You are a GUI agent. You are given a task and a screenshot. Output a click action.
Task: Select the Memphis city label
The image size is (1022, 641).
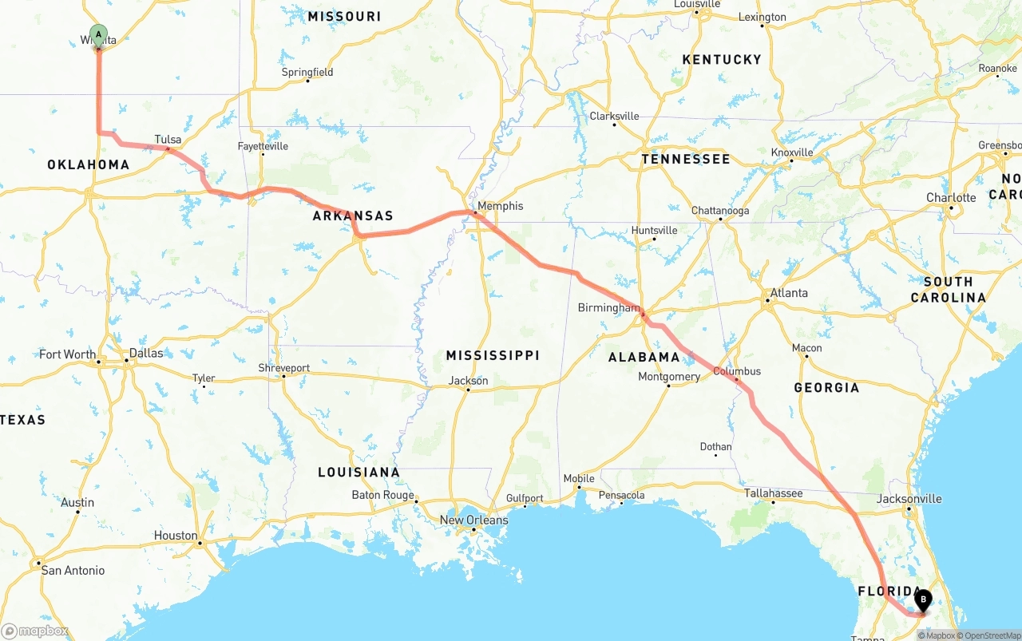(501, 206)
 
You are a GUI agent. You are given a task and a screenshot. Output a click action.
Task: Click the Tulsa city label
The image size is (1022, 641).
(168, 140)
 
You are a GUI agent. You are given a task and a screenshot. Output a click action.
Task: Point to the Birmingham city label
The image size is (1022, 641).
(608, 307)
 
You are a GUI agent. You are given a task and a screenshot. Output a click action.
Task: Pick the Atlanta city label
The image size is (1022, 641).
(789, 293)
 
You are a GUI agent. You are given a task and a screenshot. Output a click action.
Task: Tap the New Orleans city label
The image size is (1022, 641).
(473, 520)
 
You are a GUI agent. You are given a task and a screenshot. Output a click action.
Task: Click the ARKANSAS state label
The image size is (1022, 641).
(353, 216)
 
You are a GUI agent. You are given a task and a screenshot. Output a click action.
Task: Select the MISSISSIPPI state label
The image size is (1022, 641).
(493, 355)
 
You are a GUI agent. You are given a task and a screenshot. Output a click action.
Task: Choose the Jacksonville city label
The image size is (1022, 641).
(909, 499)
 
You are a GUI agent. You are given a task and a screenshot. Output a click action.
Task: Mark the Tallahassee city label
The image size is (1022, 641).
(773, 493)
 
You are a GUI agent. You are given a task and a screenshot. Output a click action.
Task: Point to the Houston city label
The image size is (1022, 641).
(176, 536)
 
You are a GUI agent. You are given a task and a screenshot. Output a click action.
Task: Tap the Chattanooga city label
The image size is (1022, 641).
(720, 211)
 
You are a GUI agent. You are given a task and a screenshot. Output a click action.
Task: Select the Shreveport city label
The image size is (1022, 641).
(283, 368)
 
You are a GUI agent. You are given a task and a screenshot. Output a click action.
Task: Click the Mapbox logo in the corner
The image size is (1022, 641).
(36, 631)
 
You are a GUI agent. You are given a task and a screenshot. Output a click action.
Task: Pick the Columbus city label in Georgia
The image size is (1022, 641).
(736, 371)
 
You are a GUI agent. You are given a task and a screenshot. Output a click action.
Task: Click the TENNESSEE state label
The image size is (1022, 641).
(685, 159)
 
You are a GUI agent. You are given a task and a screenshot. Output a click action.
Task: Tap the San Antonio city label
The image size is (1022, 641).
(73, 571)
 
